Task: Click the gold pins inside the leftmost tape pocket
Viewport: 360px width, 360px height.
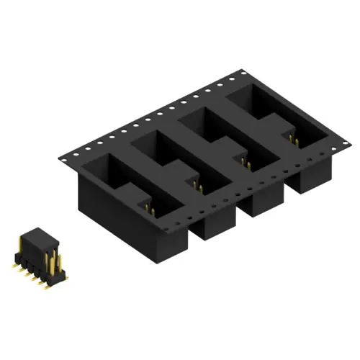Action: pyautogui.click(x=150, y=210)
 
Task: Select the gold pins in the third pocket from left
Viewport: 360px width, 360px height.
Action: pyautogui.click(x=246, y=164)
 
